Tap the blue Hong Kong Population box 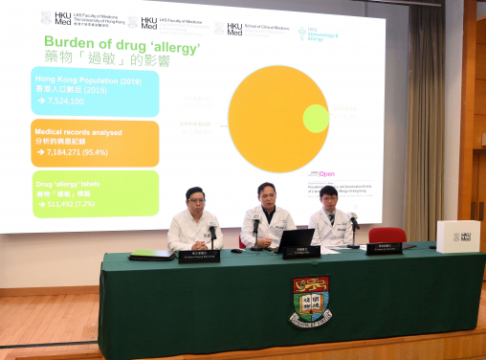point(95,92)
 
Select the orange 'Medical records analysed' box point(95,143)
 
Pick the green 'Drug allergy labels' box point(95,192)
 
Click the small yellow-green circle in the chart point(316,119)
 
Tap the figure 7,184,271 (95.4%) point(76,152)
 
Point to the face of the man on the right point(328,200)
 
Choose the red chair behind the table point(387,236)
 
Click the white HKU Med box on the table point(457,236)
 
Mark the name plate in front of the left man point(200,256)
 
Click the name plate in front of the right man point(384,248)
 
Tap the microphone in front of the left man point(212,233)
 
